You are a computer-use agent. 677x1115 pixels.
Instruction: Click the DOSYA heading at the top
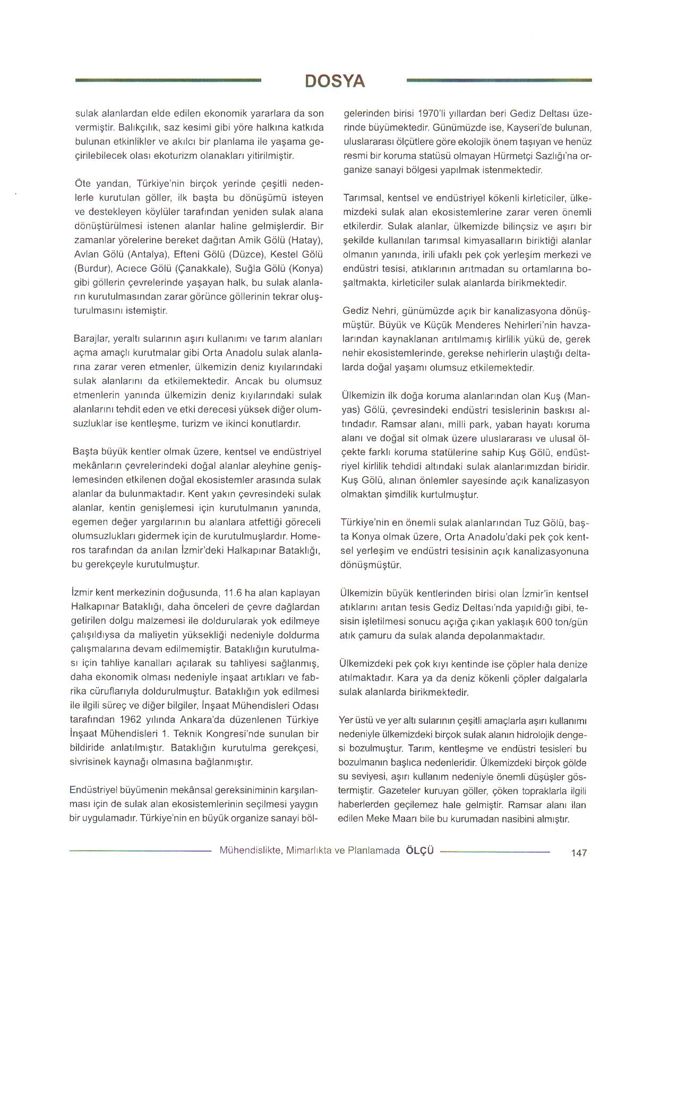click(335, 81)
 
